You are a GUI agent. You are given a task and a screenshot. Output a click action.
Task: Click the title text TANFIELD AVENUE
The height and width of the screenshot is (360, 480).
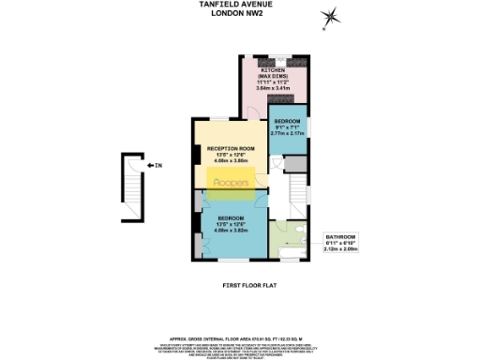click(241, 4)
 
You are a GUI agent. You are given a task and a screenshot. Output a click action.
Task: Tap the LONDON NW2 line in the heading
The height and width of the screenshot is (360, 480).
click(241, 12)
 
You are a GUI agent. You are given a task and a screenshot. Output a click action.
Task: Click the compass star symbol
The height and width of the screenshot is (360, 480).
click(330, 16)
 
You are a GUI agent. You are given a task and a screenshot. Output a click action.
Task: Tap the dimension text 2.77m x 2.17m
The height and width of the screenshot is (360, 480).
click(286, 134)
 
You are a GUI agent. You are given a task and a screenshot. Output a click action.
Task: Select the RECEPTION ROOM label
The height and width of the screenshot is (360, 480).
click(232, 148)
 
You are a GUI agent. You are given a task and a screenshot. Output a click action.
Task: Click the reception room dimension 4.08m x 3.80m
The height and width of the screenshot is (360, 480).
click(232, 160)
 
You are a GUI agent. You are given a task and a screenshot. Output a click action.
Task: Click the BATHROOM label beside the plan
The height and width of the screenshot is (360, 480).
click(340, 236)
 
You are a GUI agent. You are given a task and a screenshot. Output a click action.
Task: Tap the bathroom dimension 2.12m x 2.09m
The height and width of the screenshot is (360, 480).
click(340, 249)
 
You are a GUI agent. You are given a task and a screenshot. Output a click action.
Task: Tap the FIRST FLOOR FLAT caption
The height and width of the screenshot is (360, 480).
click(240, 284)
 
